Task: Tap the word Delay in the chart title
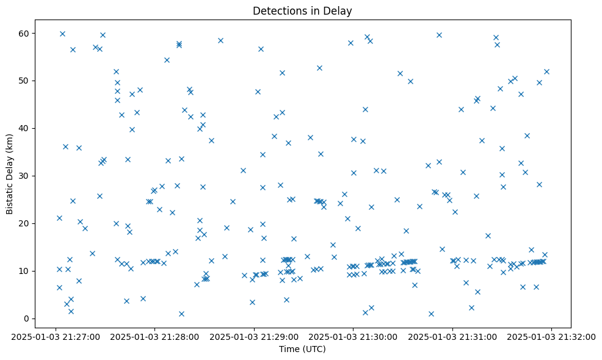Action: (x=340, y=11)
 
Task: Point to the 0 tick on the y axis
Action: (x=27, y=319)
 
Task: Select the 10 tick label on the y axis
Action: (x=25, y=271)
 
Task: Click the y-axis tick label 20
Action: (x=25, y=223)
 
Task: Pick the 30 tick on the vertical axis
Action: (x=25, y=176)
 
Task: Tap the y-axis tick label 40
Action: (x=25, y=128)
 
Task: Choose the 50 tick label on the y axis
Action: (x=25, y=81)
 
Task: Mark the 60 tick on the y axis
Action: (x=25, y=33)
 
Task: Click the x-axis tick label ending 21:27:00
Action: (x=56, y=336)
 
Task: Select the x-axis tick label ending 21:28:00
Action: (x=155, y=336)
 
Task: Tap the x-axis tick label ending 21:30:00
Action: (x=354, y=336)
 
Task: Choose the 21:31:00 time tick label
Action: (x=452, y=336)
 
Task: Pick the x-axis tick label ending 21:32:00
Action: (x=552, y=336)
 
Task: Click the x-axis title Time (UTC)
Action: (x=302, y=349)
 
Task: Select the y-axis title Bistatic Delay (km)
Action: (x=10, y=174)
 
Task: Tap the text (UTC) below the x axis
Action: (x=314, y=349)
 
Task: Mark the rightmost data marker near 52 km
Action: (x=546, y=71)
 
